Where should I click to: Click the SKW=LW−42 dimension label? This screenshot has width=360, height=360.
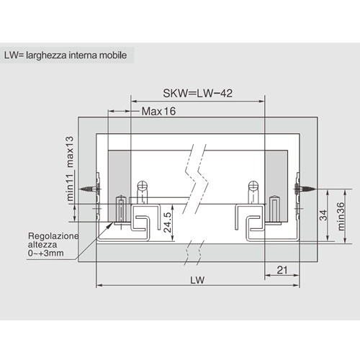click(197, 94)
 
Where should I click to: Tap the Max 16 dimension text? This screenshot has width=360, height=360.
click(158, 112)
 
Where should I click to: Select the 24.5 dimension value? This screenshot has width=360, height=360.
click(168, 222)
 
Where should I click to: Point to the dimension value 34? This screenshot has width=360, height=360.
click(323, 215)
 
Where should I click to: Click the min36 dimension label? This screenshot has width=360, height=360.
click(341, 217)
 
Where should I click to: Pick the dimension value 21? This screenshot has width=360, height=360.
click(282, 270)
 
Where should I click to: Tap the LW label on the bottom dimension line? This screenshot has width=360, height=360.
click(197, 280)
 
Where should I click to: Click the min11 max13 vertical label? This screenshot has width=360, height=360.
click(69, 168)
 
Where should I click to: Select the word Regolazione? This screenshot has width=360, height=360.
click(53, 236)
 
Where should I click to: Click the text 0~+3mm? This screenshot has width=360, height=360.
click(46, 253)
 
